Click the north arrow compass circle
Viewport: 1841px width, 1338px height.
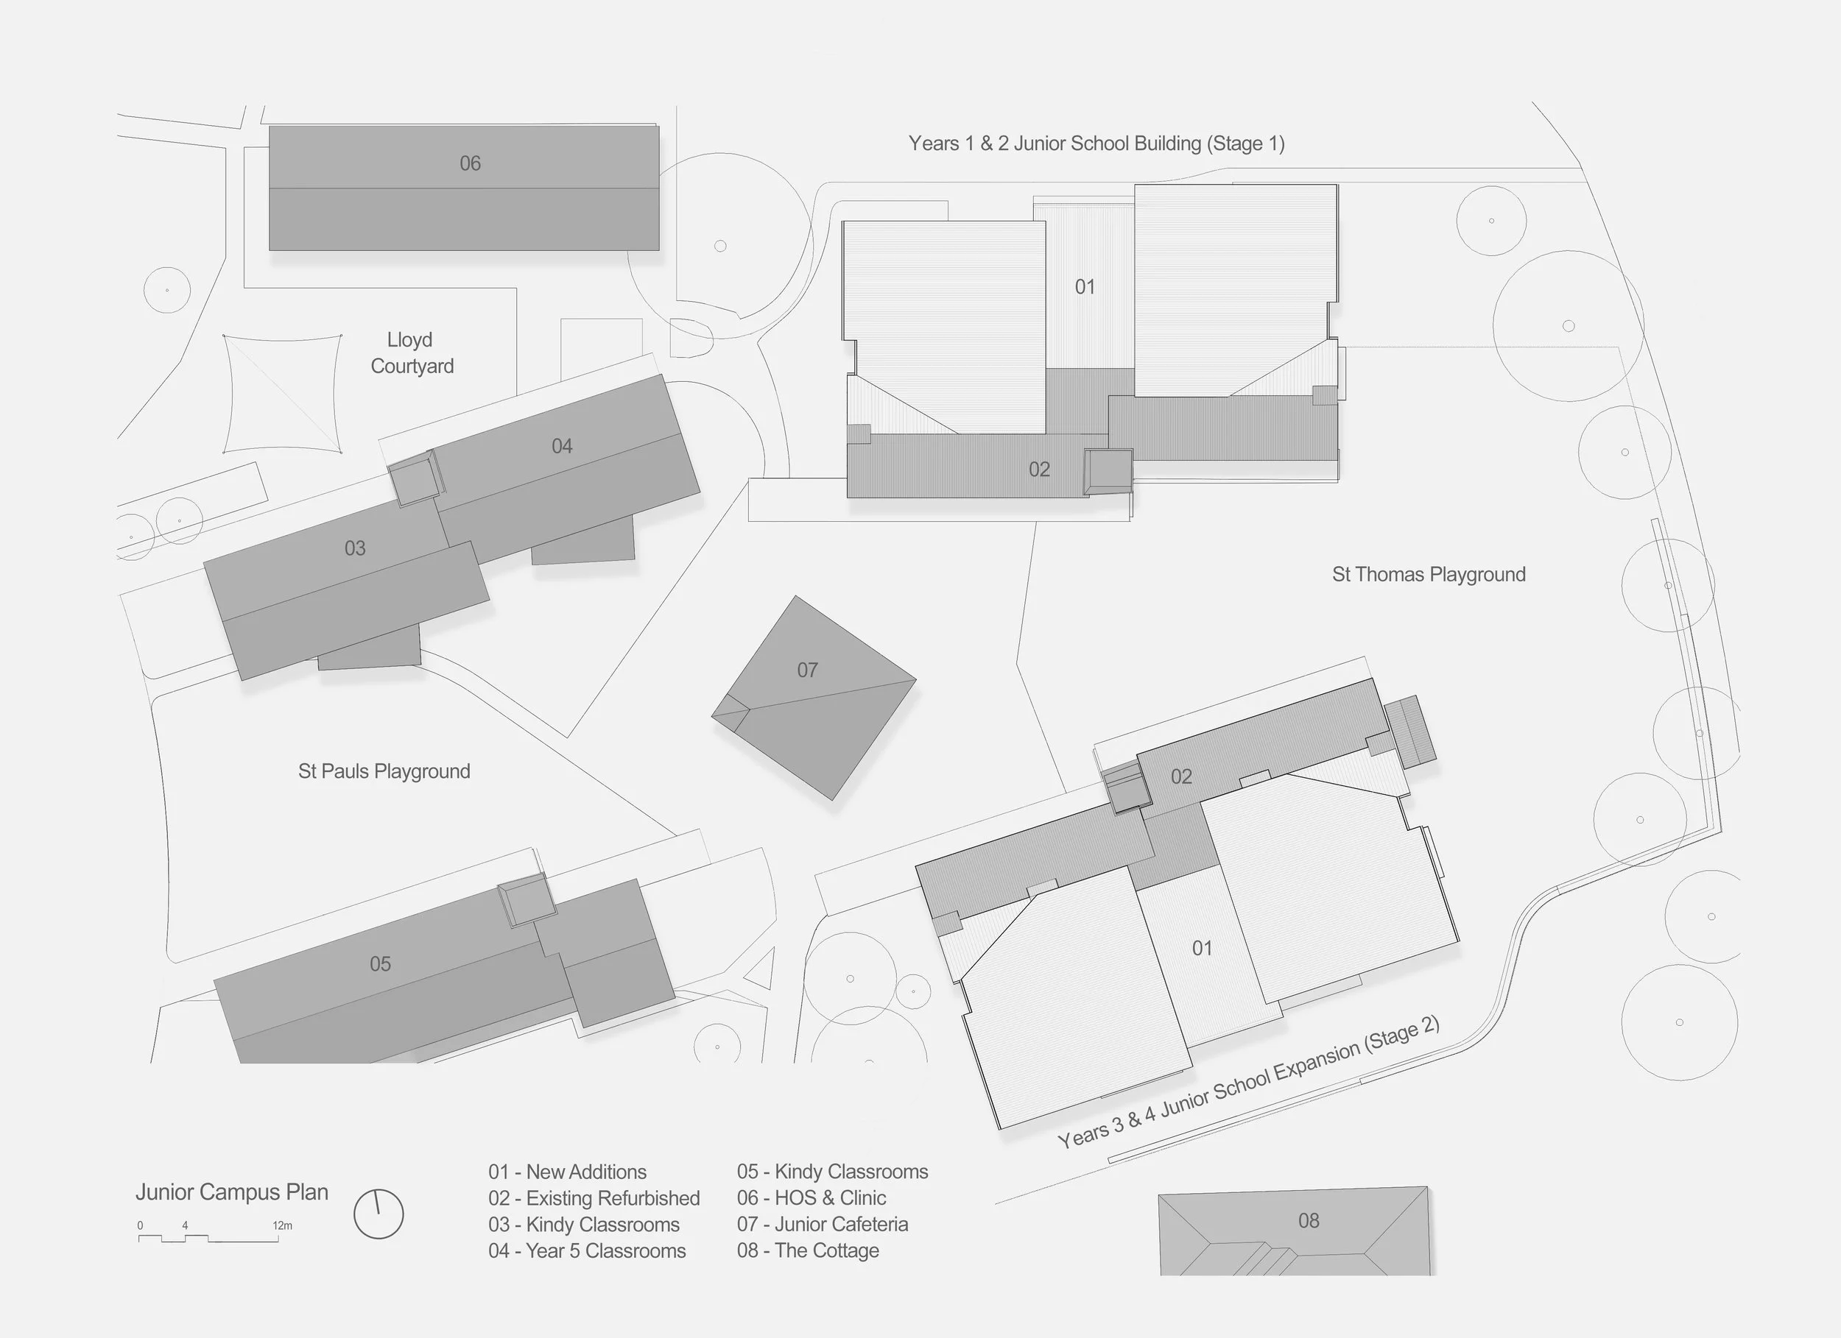(379, 1214)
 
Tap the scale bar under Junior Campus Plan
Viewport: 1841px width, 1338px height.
(208, 1238)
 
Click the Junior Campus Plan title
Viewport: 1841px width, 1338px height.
(232, 1192)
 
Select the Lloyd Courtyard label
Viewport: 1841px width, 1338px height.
(411, 353)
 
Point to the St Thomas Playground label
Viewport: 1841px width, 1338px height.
(1429, 575)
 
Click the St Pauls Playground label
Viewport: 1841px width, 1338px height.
(384, 771)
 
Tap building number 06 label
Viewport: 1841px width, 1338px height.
(470, 164)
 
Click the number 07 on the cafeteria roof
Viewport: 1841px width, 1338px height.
(807, 670)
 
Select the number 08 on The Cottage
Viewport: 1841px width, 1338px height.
(1309, 1220)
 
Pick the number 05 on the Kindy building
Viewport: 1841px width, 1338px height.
(380, 964)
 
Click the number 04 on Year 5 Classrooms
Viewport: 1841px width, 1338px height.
(562, 446)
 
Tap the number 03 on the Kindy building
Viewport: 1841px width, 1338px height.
(355, 548)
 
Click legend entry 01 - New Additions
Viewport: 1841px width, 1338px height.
(568, 1172)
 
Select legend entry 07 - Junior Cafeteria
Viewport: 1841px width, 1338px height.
(823, 1225)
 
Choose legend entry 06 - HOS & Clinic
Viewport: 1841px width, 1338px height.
(811, 1197)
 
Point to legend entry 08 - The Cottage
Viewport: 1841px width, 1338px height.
(808, 1250)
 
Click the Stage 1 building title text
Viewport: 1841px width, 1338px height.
(1096, 144)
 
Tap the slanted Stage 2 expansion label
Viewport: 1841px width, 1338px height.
(1248, 1083)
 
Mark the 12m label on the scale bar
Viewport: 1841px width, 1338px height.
(281, 1225)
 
